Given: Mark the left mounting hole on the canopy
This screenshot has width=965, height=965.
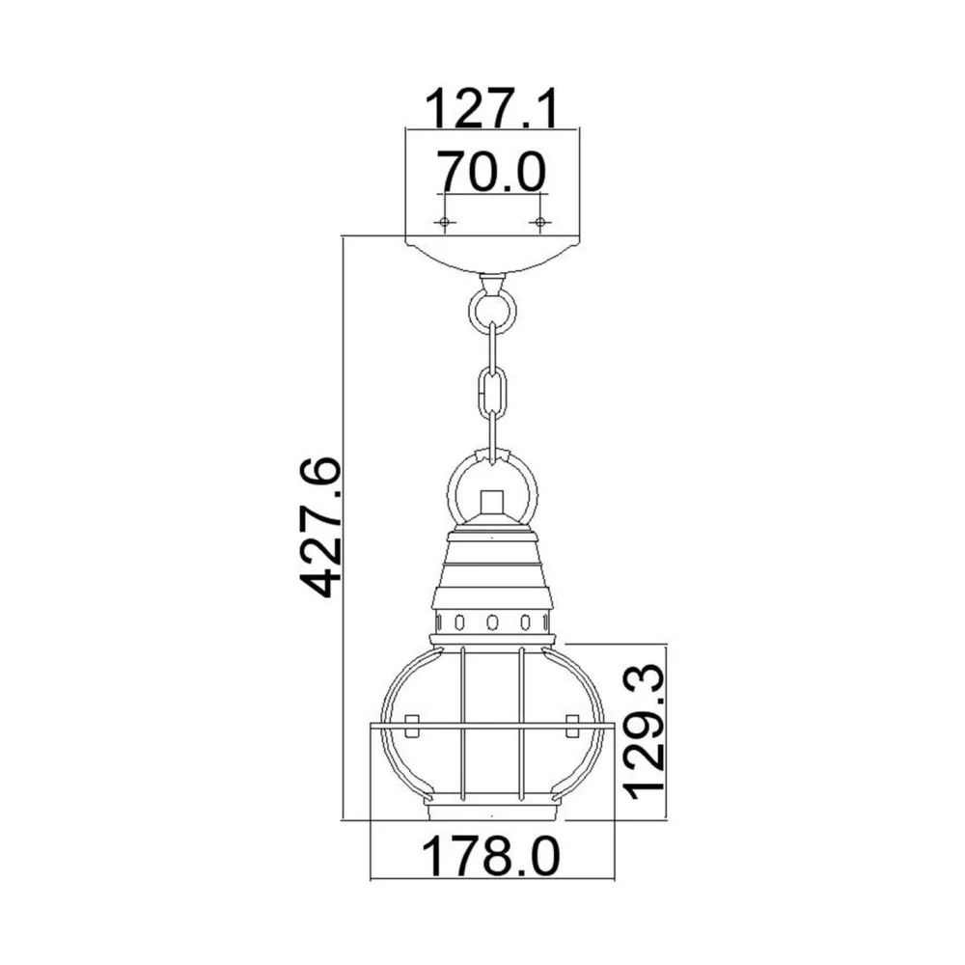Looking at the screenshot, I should coord(444,223).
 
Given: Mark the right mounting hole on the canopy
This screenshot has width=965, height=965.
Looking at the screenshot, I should coord(539,223).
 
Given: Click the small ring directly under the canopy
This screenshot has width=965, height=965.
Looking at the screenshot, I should coord(492,310).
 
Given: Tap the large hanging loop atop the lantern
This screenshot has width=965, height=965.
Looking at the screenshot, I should coord(492,478).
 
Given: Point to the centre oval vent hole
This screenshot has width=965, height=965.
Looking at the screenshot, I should coord(492,620).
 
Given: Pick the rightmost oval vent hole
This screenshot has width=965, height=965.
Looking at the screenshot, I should coord(546,620).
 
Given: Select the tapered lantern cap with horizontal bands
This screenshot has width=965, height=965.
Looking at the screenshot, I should coord(492,574).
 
